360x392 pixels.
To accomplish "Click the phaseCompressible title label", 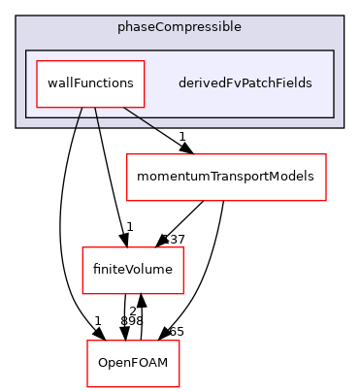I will (180, 26).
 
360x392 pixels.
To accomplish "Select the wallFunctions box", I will (90, 83).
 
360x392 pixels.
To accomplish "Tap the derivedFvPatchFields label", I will (245, 83).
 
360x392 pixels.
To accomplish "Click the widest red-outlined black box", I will (226, 178).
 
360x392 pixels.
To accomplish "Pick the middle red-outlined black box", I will (133, 271).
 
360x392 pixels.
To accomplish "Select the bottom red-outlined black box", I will (133, 363).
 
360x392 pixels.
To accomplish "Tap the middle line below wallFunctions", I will (97, 117).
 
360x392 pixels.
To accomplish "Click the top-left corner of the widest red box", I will (127, 154).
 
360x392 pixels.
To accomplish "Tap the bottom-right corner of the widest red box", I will (326, 201).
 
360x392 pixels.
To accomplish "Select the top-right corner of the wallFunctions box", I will (145, 61).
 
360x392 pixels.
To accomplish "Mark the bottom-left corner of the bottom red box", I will (87, 386).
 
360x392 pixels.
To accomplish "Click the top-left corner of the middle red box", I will (82, 247).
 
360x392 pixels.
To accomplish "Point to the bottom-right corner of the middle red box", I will (183, 294).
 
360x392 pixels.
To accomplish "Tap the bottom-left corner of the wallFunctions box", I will (36, 107).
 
